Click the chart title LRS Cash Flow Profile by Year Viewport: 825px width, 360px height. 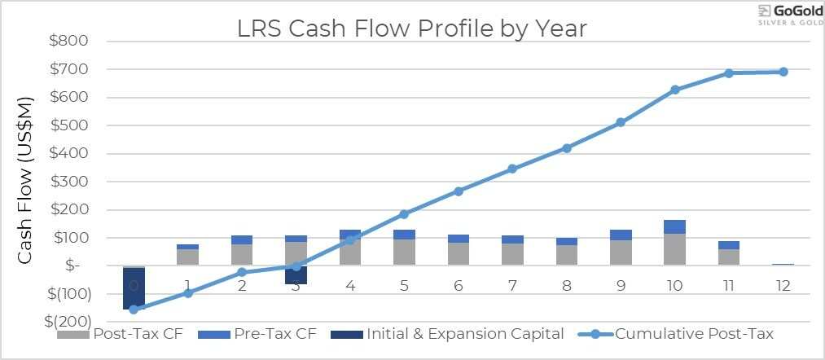coord(411,29)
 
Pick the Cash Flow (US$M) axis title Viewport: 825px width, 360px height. coord(25,181)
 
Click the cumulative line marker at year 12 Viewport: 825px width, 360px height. coord(783,72)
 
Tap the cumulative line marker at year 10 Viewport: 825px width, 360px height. coord(675,90)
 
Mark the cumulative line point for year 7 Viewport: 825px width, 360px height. coord(512,169)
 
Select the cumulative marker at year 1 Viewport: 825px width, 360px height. coord(187,293)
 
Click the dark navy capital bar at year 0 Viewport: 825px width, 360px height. coord(134,288)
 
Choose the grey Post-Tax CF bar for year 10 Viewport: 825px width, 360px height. coord(675,249)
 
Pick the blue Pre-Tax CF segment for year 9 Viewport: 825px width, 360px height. coord(621,235)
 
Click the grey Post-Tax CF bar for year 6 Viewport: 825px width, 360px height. coord(459,253)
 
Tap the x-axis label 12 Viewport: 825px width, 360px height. coord(783,286)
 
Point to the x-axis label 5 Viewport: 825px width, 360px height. coord(404,286)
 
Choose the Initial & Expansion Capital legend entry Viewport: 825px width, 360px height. coord(449,334)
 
